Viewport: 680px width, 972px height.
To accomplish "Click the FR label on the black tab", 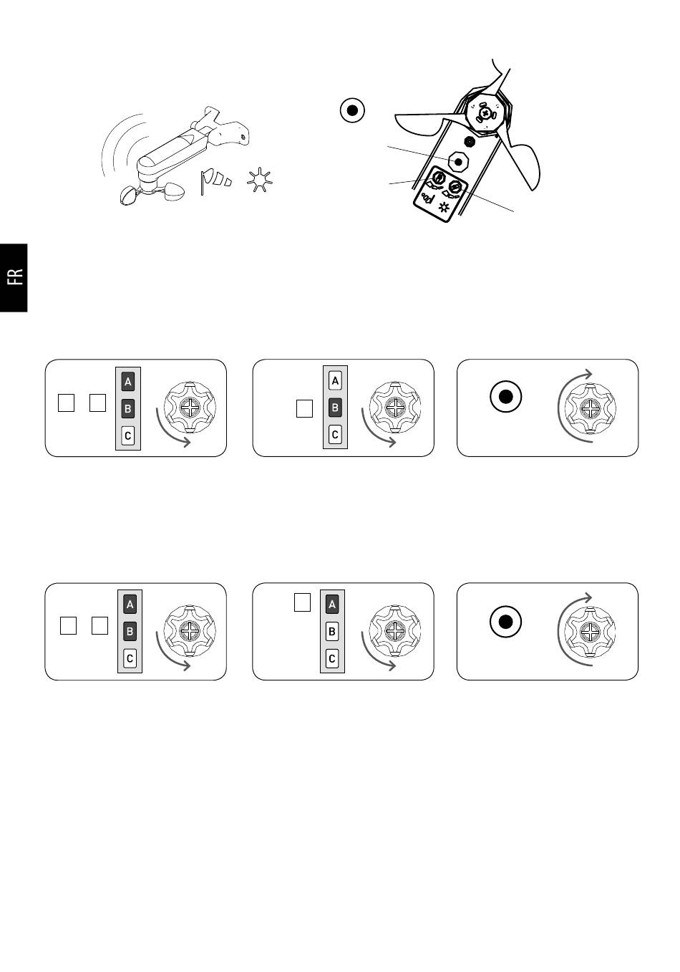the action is (x=15, y=277).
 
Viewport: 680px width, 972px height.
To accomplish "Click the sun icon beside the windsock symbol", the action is (x=259, y=179).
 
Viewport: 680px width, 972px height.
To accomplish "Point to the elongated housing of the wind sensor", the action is (x=173, y=153).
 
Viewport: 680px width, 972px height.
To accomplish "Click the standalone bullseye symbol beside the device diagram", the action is (x=352, y=110).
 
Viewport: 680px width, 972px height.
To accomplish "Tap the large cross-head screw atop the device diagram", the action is (x=485, y=114).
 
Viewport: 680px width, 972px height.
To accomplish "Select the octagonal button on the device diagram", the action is (x=458, y=162).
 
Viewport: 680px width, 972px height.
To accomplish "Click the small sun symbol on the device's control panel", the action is (x=443, y=207).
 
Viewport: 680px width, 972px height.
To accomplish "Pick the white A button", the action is (x=335, y=381).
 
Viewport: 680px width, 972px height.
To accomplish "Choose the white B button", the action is (x=331, y=631).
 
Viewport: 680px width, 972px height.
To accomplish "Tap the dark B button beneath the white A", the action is (x=335, y=408).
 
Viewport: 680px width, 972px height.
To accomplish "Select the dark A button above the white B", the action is (x=331, y=605).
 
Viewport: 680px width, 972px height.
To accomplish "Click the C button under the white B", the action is (x=331, y=658).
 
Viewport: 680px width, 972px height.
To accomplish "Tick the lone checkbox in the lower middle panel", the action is (x=302, y=602).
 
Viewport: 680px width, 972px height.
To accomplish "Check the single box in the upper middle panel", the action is (x=304, y=408).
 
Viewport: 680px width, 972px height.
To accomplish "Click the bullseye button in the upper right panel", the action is (x=505, y=396).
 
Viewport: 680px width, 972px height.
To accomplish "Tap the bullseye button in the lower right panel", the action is (x=505, y=622).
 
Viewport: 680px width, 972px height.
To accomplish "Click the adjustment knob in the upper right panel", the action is (x=591, y=408).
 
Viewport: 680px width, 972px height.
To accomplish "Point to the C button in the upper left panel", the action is (x=127, y=436).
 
